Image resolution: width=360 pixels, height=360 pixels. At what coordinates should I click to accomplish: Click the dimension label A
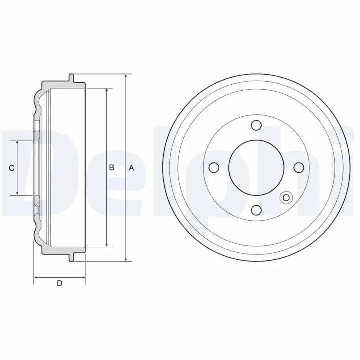132,168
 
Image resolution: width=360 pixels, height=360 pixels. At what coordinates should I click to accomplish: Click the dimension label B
112,168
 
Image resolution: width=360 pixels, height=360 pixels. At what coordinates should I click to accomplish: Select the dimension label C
11,168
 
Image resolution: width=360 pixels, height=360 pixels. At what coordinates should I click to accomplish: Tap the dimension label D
59,284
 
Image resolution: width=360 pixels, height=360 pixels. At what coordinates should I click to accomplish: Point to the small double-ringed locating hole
286,198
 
